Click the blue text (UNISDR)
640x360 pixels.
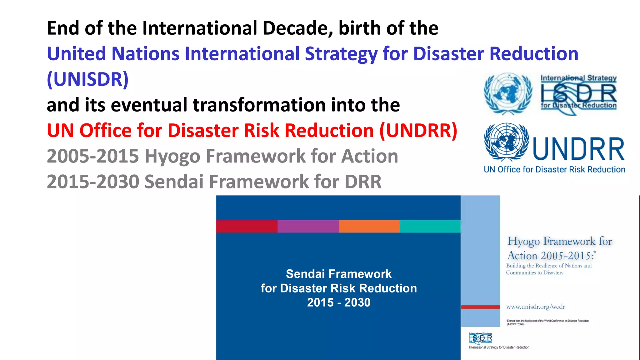tap(87, 79)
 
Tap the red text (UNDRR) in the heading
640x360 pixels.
tap(418, 131)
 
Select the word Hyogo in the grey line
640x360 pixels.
tap(172, 156)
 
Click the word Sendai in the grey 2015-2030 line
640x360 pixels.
tap(174, 182)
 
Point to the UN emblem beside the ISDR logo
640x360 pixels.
tap(507, 93)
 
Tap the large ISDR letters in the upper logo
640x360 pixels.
tap(578, 93)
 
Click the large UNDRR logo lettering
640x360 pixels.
tap(578, 149)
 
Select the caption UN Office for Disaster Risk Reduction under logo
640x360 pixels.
tap(554, 170)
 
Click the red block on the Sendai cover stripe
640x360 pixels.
tap(247, 226)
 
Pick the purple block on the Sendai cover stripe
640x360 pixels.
tap(308, 226)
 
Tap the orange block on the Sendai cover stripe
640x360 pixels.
tap(369, 226)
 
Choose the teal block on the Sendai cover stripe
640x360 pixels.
tap(430, 226)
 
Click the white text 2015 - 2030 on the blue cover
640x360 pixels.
tap(338, 302)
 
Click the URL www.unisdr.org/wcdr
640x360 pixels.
tap(536, 307)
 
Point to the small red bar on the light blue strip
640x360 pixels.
tap(480, 307)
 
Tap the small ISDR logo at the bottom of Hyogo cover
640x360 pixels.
tap(481, 338)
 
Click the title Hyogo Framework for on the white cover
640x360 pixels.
tap(559, 241)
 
